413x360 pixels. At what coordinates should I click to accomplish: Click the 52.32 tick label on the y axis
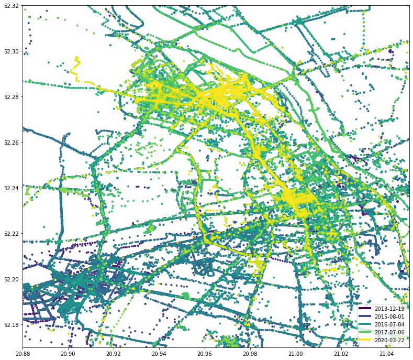coord(10,6)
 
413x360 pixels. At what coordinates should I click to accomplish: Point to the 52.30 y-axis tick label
coord(10,51)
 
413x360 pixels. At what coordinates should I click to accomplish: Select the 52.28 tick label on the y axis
coord(10,97)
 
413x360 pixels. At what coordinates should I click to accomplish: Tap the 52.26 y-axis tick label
coord(10,143)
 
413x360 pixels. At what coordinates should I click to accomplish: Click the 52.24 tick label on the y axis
coord(10,188)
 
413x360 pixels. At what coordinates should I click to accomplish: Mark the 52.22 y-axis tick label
coord(10,234)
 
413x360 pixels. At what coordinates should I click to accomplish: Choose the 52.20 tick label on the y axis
coord(10,279)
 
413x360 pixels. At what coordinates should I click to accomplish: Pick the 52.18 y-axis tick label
coord(10,325)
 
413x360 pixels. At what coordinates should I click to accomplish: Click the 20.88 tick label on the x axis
coord(23,354)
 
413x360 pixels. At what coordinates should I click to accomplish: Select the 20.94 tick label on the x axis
coord(159,354)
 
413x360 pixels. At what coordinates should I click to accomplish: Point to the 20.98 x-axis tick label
coord(250,354)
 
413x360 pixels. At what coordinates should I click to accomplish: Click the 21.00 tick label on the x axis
coord(296,354)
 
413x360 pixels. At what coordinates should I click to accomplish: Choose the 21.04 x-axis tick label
coord(387,354)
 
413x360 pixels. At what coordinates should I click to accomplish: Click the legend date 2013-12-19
coord(389,309)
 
